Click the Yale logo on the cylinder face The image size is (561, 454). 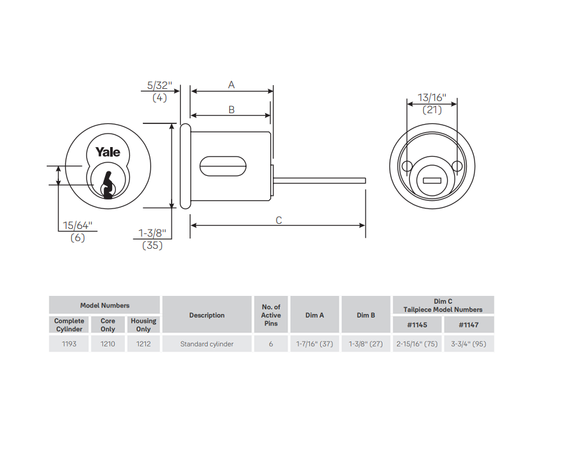coord(108,152)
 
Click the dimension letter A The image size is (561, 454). coord(231,84)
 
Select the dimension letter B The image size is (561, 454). coord(231,109)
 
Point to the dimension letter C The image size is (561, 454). coord(279,220)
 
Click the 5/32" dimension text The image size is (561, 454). coord(159,85)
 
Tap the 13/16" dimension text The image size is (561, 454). coord(432,98)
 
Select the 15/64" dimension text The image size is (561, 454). coord(77,226)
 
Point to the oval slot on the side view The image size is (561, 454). coord(224,166)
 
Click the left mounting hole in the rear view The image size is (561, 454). coord(407,166)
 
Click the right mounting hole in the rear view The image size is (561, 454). coord(457,166)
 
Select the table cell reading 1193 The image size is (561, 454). coord(69,344)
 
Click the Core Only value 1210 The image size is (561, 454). coord(108,344)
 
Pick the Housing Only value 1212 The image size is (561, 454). coord(143,344)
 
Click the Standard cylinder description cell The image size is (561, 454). coord(207,344)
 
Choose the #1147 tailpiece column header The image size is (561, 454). coord(468,325)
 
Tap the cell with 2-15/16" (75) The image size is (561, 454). coord(417,344)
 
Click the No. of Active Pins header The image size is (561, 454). coord(271,315)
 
